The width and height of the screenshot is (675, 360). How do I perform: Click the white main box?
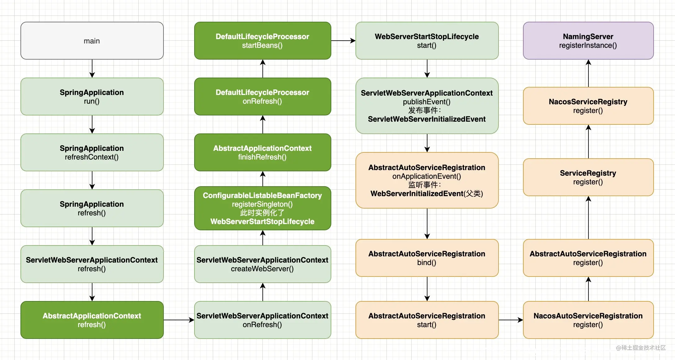coord(92,41)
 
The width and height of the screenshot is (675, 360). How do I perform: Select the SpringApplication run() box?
coord(92,97)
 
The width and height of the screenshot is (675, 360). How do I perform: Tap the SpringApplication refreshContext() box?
coord(92,152)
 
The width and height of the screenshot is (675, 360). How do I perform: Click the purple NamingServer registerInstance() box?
coord(588,41)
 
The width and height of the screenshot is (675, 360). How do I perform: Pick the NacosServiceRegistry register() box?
coord(588,106)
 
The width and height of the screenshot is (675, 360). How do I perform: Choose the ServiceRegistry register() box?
coord(588,177)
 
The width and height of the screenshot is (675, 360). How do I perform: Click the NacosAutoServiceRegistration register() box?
coord(588,320)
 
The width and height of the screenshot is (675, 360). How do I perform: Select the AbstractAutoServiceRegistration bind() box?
coord(427,258)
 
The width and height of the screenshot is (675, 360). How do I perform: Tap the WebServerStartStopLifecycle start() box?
coord(427,41)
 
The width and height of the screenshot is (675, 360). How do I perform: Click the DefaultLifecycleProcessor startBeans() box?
coord(263,41)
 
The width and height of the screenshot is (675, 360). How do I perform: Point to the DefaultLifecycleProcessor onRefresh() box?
coord(263,97)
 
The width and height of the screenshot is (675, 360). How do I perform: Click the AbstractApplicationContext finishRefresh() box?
coord(263,152)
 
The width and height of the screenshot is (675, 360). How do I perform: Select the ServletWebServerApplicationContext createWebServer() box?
coord(263,264)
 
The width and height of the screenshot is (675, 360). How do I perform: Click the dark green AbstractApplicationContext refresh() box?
coord(92,320)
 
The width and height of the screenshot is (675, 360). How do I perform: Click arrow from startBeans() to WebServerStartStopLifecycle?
coord(343,41)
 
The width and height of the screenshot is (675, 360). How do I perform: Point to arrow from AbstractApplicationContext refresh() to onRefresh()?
coord(179,320)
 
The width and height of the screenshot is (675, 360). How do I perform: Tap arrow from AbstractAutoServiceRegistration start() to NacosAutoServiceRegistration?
coord(511,320)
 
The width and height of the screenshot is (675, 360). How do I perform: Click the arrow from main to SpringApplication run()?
coord(92,69)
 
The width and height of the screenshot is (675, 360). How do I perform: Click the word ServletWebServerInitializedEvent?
coord(427,119)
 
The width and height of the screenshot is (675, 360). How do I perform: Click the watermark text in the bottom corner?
coord(641,348)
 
